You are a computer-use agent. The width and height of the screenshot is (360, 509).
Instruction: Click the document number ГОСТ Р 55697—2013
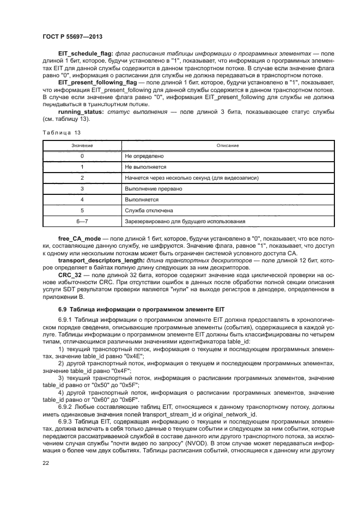[x=73, y=37]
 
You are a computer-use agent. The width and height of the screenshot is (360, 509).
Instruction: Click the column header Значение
[x=82, y=146]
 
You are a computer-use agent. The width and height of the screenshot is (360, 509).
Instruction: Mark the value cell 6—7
[x=82, y=222]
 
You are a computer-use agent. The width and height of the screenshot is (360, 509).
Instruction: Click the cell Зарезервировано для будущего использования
[x=185, y=222]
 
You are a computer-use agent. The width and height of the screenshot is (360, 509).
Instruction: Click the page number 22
[x=46, y=463]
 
